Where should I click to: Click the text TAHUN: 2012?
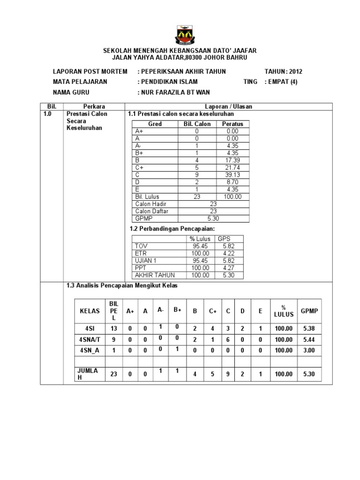(284, 71)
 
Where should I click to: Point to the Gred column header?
(155, 124)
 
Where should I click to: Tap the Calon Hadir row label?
(151, 204)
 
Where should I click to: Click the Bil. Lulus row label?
(148, 197)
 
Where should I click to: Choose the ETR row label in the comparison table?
(141, 253)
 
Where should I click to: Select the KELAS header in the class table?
(90, 311)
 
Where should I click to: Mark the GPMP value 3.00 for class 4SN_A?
(309, 350)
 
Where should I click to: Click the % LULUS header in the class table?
(284, 311)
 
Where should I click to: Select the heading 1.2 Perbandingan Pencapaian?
(171, 228)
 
